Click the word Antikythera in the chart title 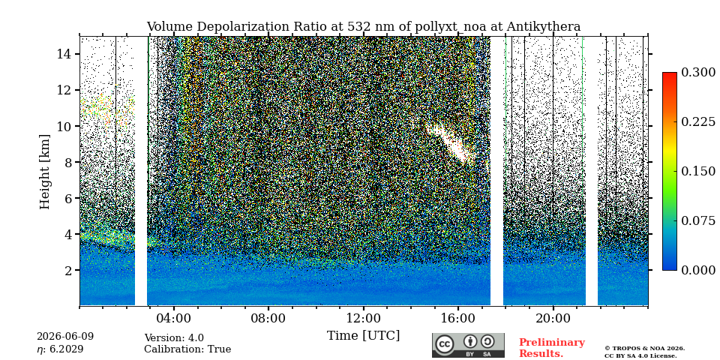[544, 27]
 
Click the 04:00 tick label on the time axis [173, 318]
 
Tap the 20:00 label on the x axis [553, 318]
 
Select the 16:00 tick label [458, 318]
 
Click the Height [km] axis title [44, 172]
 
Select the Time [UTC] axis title [363, 336]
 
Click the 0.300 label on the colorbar [698, 73]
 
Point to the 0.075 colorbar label [698, 220]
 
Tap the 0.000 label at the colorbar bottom [698, 271]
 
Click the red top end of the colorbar [670, 74]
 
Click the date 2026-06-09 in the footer [65, 337]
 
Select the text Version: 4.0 [174, 338]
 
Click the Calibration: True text [187, 349]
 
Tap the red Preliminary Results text [552, 348]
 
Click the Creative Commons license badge [468, 345]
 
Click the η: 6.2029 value [60, 349]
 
